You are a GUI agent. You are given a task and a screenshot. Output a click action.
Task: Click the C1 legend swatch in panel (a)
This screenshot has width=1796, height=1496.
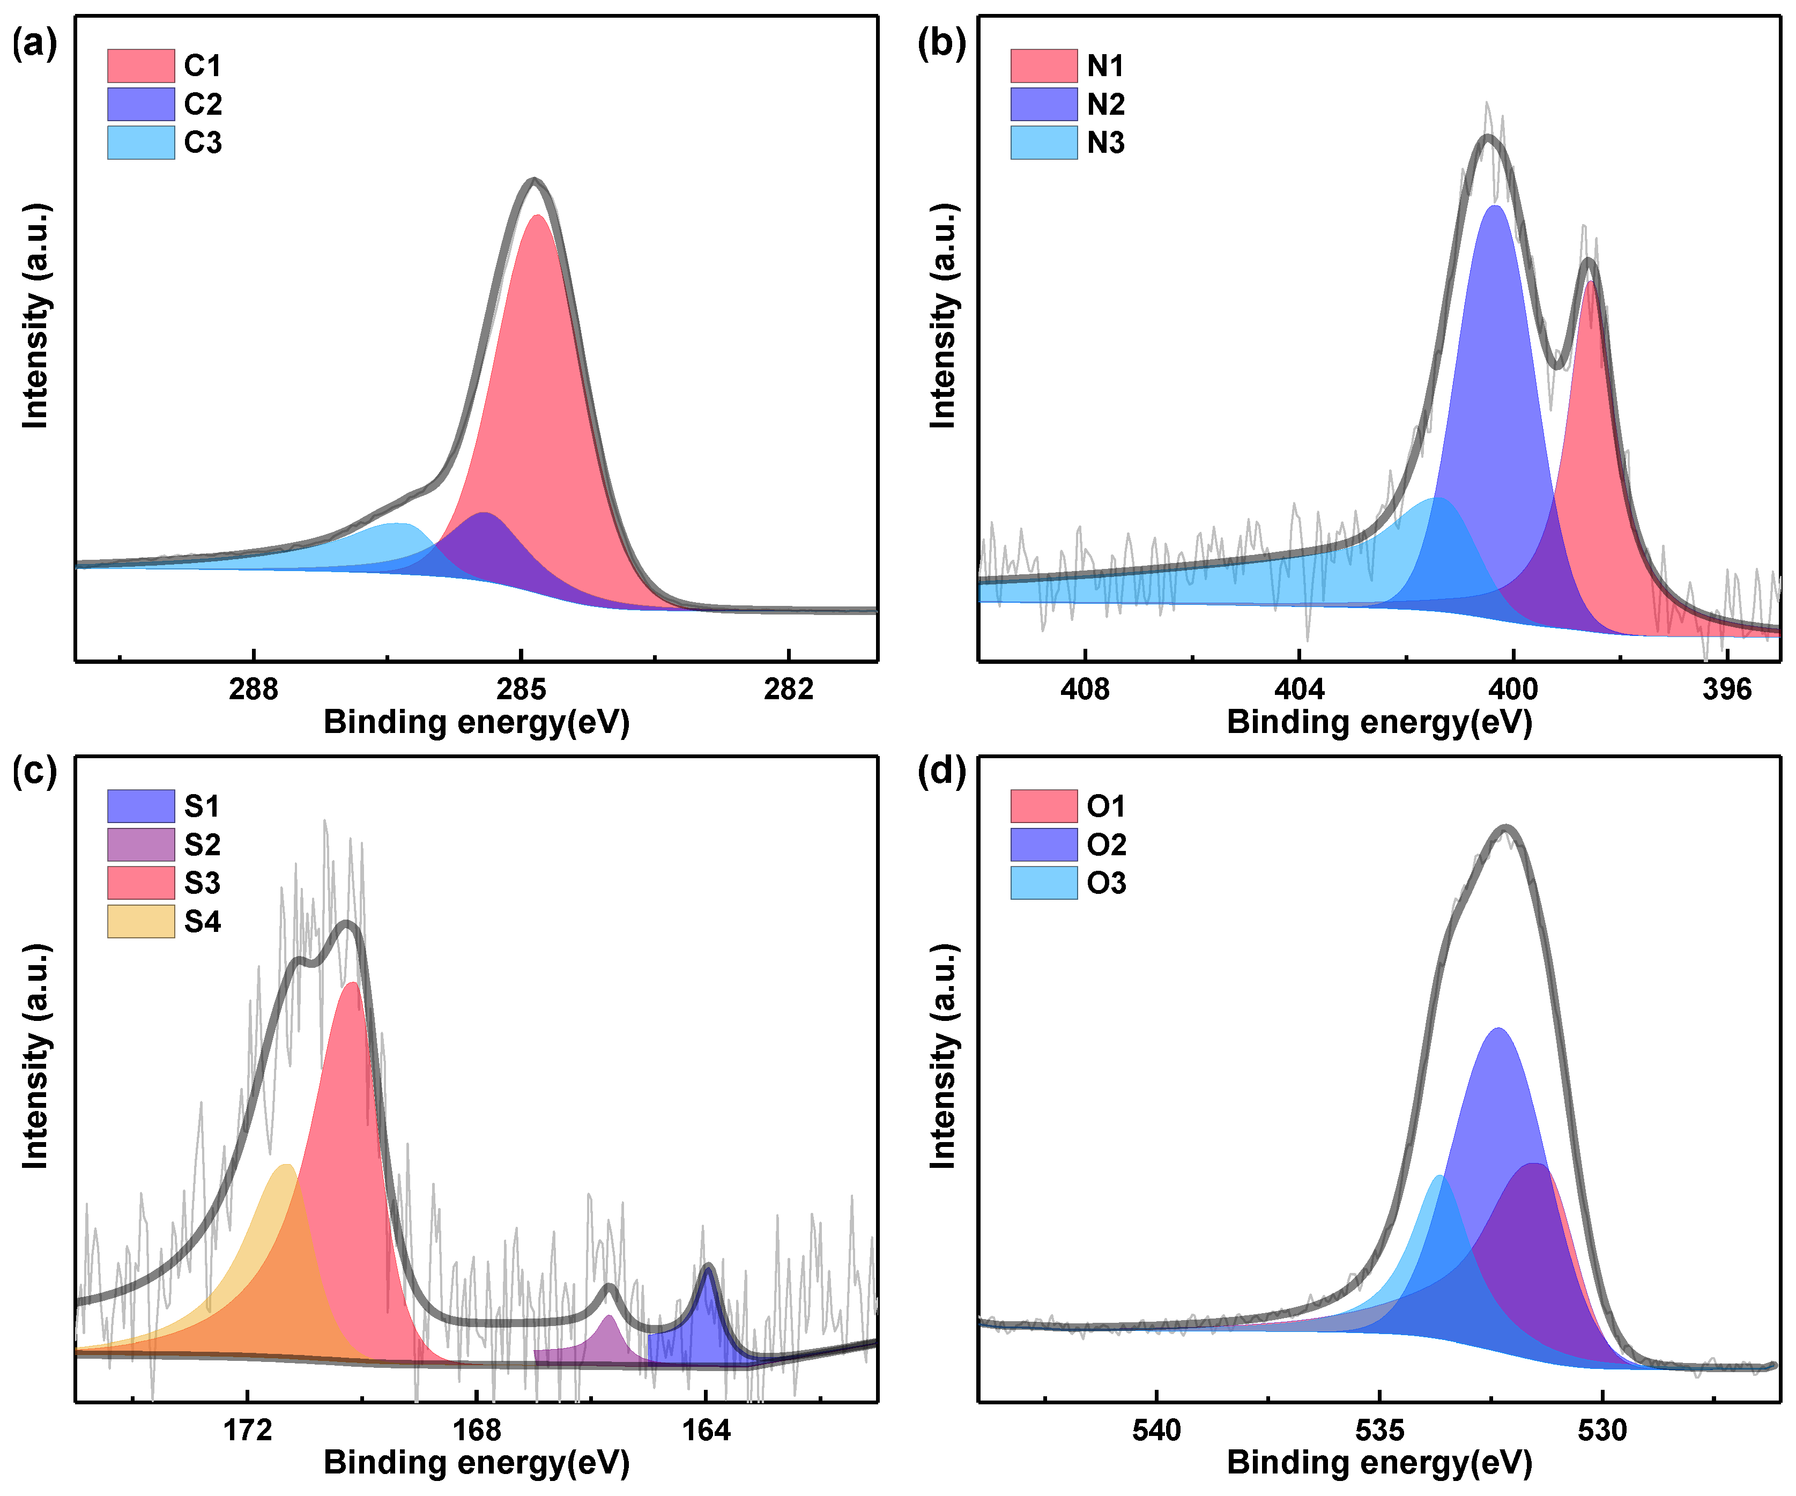pos(140,66)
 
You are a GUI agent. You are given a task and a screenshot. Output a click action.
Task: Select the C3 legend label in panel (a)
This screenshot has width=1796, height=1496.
pos(203,142)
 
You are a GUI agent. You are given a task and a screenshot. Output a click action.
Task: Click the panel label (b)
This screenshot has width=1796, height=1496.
pos(941,43)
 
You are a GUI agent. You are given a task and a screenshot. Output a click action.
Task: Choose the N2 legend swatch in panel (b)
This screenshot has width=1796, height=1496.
pos(1043,105)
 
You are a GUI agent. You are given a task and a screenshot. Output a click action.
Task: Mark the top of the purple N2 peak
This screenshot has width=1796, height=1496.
pos(1495,208)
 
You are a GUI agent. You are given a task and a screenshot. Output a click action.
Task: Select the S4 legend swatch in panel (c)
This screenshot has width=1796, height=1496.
pos(140,921)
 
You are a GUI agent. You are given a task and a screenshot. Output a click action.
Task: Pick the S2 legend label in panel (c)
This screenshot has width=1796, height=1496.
pos(203,845)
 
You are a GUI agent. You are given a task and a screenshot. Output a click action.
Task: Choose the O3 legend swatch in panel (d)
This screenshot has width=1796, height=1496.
pos(1043,883)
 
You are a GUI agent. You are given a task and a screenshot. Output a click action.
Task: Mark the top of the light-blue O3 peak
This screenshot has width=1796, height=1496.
pos(1440,1178)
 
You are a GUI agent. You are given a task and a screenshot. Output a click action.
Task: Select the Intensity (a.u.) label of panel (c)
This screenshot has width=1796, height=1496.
pos(36,1056)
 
